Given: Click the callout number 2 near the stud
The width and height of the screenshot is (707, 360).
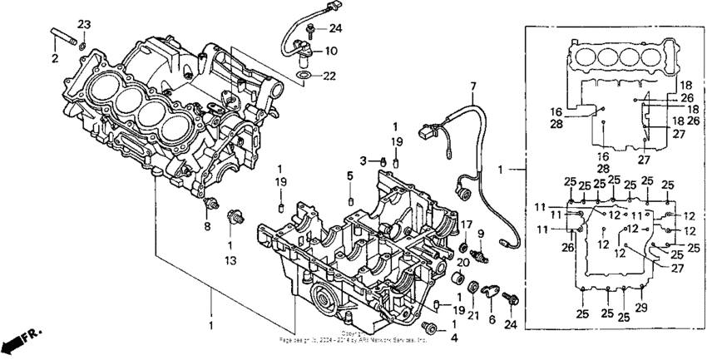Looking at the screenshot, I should pos(54,59).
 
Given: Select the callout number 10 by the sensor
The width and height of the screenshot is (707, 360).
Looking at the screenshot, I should pos(331,51).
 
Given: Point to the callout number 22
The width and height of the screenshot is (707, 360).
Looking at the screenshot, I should pos(331,76).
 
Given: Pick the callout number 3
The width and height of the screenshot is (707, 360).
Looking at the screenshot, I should pos(363,160).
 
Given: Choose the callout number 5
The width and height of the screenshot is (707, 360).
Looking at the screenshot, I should pos(350,175).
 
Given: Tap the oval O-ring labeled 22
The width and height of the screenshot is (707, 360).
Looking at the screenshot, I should pos(305,76).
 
